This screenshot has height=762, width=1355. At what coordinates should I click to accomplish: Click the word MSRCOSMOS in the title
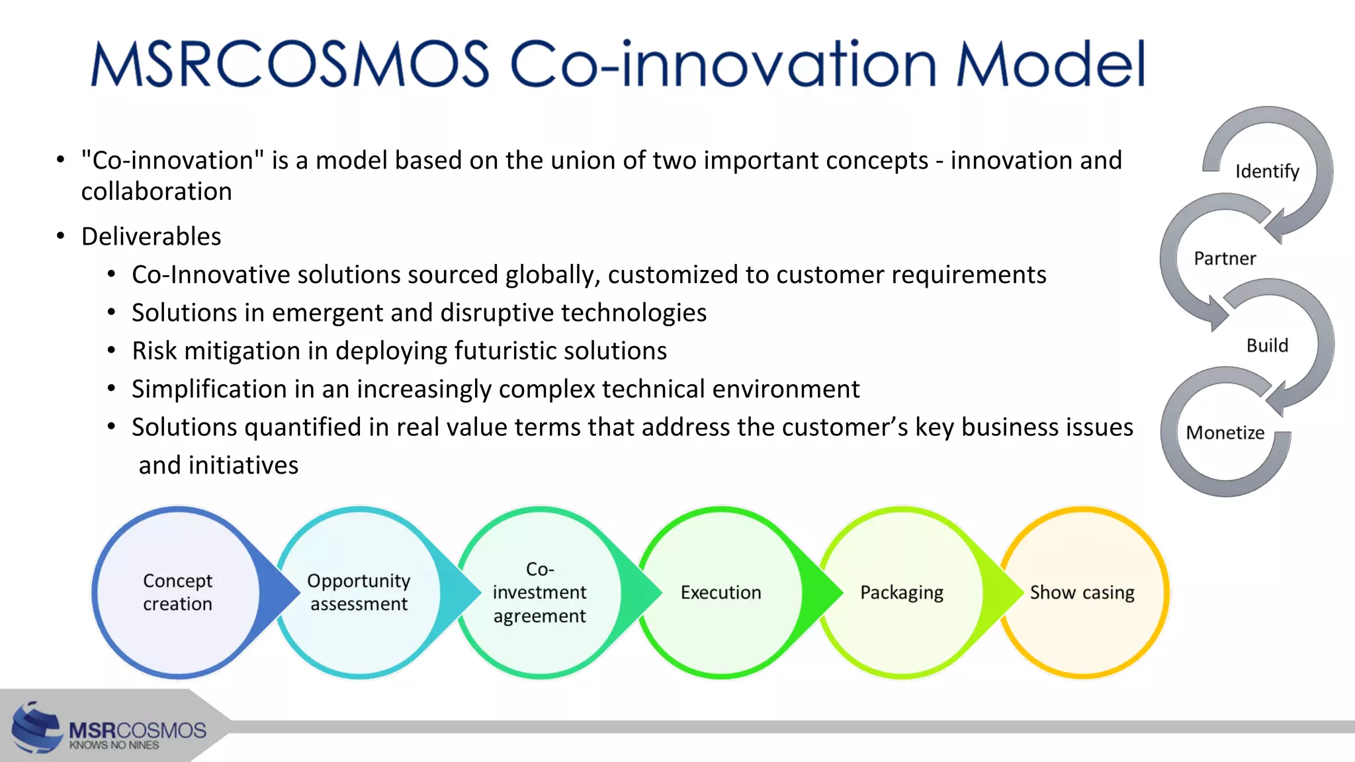[289, 64]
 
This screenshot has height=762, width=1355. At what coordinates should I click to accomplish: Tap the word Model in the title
[1050, 64]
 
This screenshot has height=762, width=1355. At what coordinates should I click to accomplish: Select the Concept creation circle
[177, 592]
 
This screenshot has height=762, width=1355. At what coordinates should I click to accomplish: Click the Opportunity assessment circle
[359, 592]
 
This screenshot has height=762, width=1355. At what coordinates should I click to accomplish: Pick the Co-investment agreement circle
[539, 592]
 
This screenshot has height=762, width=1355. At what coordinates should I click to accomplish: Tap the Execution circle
[721, 592]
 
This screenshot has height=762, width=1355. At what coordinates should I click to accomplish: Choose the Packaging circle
[901, 592]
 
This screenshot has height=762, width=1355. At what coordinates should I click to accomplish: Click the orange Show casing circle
[1082, 592]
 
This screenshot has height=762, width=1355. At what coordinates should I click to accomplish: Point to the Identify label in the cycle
[1267, 171]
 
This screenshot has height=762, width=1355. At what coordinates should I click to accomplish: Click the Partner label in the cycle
[1225, 259]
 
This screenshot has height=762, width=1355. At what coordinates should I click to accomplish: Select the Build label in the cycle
[1267, 345]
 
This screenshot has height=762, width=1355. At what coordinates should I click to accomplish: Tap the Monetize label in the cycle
[1225, 433]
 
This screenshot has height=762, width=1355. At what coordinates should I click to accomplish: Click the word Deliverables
[151, 237]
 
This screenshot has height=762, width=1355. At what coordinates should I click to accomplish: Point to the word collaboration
[156, 192]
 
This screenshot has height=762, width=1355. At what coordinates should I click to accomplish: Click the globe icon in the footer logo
[36, 728]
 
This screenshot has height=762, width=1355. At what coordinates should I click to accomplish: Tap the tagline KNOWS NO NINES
[114, 745]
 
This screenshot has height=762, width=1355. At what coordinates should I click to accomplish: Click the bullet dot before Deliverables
[61, 236]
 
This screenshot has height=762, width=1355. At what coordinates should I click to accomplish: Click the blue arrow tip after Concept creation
[291, 591]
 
